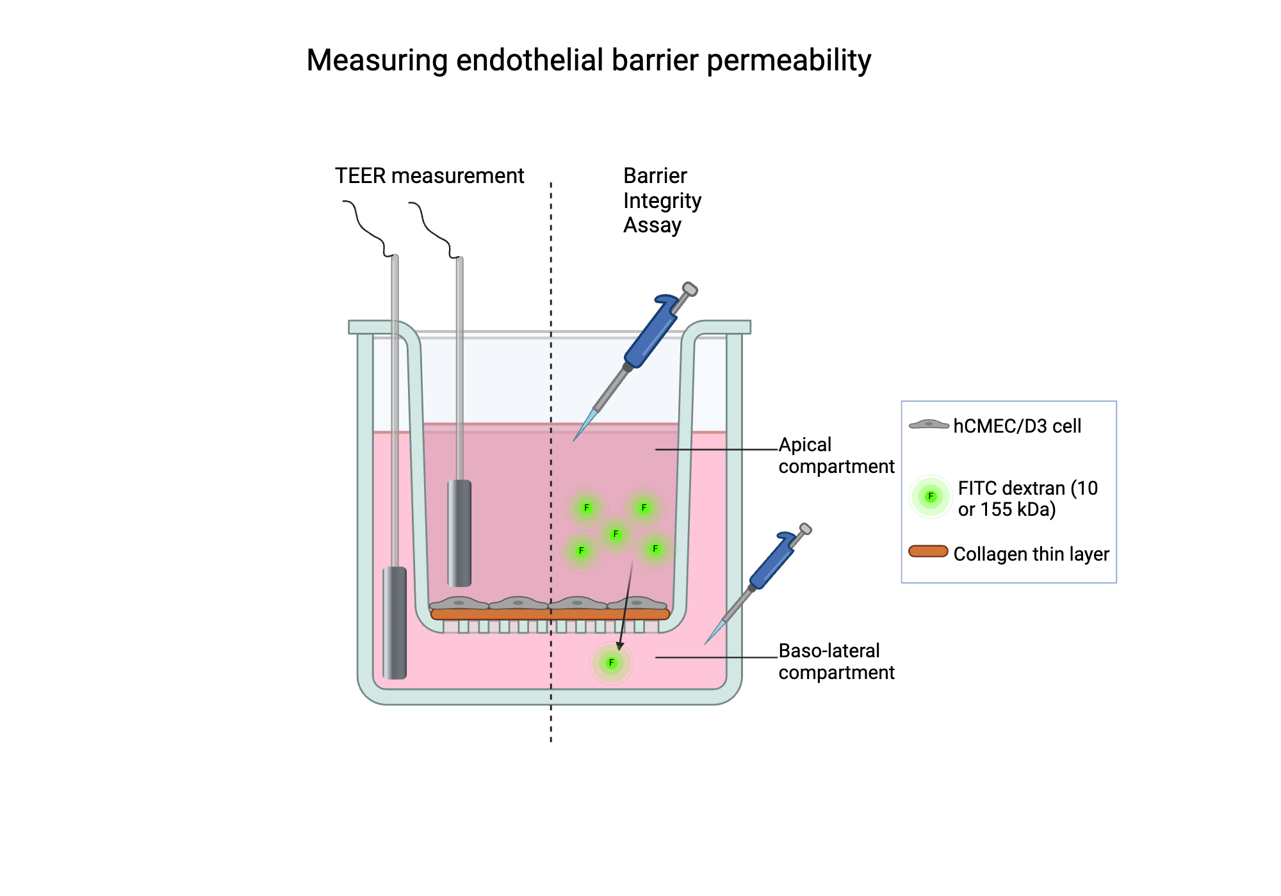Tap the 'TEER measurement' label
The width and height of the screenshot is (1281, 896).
(429, 176)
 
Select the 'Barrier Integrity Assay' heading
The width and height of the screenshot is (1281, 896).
(662, 200)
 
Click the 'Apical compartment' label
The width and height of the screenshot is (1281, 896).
(835, 456)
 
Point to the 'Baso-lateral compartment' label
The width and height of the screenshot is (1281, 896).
(835, 662)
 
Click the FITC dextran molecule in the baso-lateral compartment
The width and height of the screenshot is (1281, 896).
(612, 663)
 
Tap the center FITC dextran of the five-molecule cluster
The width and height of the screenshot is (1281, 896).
(616, 534)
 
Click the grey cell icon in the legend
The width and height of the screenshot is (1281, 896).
(929, 424)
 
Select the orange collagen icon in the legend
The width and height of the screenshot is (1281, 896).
(928, 552)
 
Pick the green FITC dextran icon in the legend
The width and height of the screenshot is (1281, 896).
(931, 497)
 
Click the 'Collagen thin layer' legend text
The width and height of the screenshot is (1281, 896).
(1031, 554)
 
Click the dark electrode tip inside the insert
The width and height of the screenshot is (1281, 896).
(459, 532)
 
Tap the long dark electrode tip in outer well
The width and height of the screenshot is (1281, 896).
(395, 622)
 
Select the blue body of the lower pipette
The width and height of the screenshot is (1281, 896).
(772, 563)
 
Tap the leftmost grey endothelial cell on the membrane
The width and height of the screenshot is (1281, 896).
(459, 603)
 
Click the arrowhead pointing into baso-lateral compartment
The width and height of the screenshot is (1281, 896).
(619, 646)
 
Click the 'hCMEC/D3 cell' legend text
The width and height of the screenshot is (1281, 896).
(1016, 426)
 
